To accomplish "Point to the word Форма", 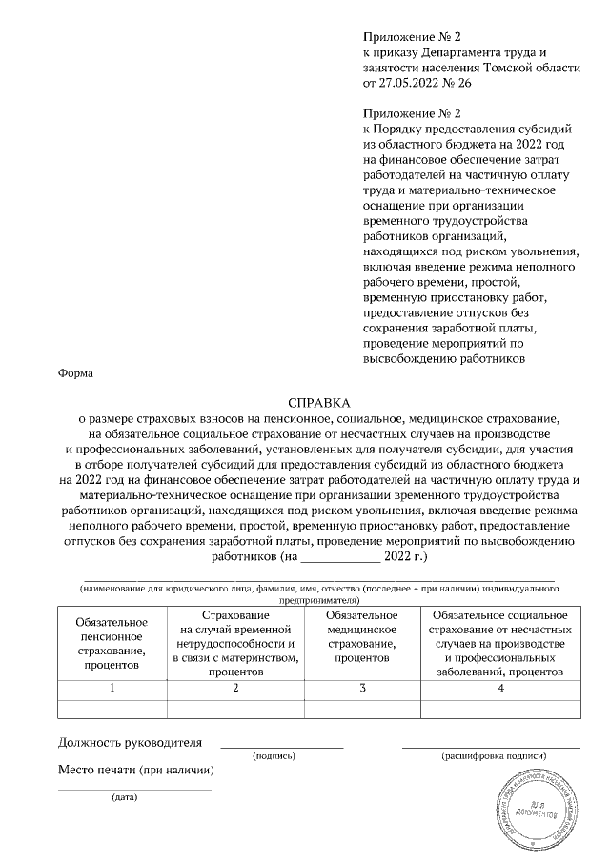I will point(76,373).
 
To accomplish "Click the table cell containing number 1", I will point(112,688).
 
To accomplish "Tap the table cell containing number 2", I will point(234,688).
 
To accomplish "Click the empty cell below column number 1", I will point(112,708).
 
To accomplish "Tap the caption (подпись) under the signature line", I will point(274,755).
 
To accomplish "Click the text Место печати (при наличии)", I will point(135,769).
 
